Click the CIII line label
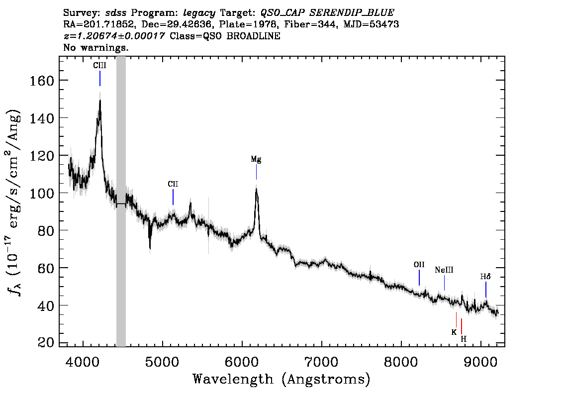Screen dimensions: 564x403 (99, 66)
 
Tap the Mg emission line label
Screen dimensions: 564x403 (256, 159)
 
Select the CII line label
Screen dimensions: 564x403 (173, 184)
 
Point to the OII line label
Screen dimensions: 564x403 (419, 265)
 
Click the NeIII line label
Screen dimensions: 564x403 (444, 270)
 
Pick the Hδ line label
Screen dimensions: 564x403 (485, 277)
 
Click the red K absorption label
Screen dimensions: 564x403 (454, 332)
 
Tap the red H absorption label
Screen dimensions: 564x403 (464, 339)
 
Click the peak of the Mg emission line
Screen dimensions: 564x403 (257, 189)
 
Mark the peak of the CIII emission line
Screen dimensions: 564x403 (100, 100)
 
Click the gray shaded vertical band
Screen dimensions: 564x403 (121, 201)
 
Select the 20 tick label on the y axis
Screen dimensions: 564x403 (46, 342)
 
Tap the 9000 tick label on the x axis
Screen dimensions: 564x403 (480, 362)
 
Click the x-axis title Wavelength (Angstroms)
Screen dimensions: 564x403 (282, 380)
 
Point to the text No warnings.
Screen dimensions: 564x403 (95, 47)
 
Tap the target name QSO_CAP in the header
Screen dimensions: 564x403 (282, 13)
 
